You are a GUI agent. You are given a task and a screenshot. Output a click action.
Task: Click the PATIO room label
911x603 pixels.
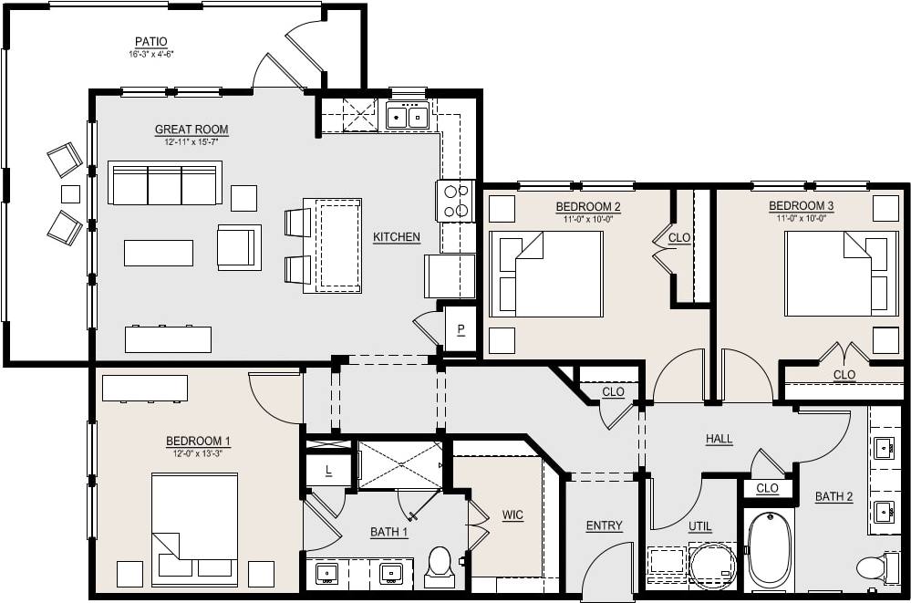(x=150, y=41)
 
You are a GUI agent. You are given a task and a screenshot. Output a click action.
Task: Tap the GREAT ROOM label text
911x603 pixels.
(x=192, y=130)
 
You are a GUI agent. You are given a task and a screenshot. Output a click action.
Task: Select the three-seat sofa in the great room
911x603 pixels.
(x=165, y=183)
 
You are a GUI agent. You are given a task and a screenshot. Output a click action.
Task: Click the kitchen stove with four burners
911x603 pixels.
(x=456, y=201)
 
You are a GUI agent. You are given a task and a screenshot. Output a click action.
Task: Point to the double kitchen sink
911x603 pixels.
(x=408, y=116)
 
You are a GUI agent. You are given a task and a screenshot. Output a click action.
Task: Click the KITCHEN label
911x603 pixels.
(x=397, y=237)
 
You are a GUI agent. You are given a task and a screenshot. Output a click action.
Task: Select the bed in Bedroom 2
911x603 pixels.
(x=546, y=274)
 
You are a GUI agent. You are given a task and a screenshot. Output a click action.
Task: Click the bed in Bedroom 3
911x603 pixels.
(x=837, y=274)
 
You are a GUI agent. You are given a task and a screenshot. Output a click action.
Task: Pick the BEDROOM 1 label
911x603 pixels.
(x=198, y=442)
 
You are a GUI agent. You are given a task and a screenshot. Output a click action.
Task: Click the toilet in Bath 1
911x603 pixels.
(x=440, y=566)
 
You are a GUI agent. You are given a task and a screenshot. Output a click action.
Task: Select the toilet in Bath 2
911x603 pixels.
(x=873, y=567)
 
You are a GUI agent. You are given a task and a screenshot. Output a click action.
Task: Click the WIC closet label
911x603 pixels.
(x=512, y=515)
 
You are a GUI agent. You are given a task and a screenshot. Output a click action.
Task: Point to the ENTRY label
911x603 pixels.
(x=604, y=525)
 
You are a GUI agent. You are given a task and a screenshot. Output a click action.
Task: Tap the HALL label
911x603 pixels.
(x=719, y=439)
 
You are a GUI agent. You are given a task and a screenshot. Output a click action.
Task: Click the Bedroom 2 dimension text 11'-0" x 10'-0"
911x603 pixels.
(x=588, y=218)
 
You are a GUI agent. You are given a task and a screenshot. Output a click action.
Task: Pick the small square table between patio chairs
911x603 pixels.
(x=70, y=193)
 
